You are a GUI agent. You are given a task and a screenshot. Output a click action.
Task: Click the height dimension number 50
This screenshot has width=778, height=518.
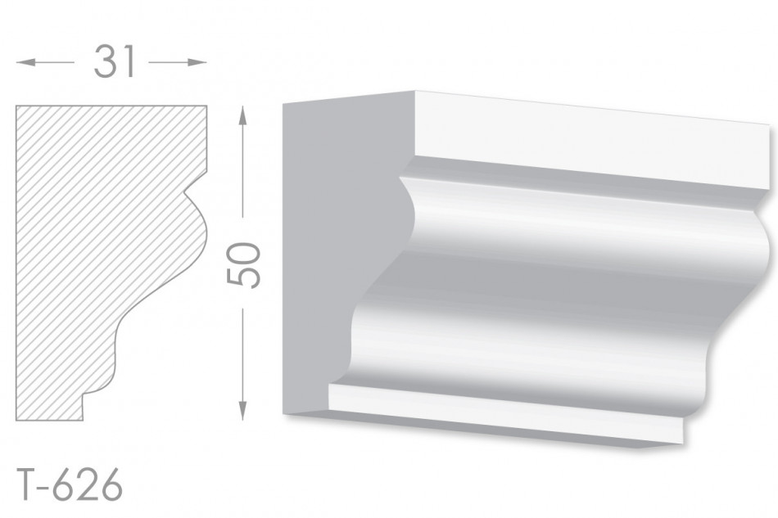[243, 264]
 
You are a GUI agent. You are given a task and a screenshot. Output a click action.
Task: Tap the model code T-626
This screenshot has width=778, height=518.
[70, 484]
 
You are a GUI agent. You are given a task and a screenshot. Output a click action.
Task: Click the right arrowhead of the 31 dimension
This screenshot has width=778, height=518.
[197, 62]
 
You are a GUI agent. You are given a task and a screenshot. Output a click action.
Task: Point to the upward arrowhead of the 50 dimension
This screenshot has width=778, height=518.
[242, 115]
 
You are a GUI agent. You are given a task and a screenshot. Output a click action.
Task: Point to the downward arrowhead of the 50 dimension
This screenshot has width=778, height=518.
[242, 411]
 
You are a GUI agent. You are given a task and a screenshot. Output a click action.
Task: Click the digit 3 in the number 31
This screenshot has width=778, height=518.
[105, 62]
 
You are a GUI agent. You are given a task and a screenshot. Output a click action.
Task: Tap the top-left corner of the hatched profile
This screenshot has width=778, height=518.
[16, 106]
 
